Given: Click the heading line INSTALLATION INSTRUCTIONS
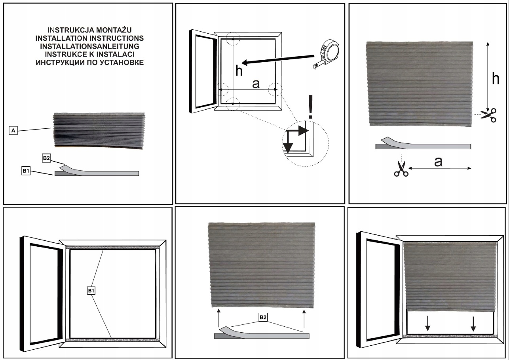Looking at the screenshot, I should click(x=89, y=38).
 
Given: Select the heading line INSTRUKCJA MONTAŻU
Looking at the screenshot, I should click(x=89, y=30).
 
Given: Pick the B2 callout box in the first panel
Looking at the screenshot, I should click(x=46, y=158).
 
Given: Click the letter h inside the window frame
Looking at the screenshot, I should click(x=239, y=70).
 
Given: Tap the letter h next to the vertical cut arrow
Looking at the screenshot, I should click(x=495, y=79).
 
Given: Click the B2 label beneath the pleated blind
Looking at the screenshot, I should click(x=263, y=317).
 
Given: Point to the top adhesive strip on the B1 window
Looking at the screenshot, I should click(x=112, y=247).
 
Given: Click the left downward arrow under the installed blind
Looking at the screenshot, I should click(x=428, y=325).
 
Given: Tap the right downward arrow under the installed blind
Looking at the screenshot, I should click(x=473, y=325).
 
